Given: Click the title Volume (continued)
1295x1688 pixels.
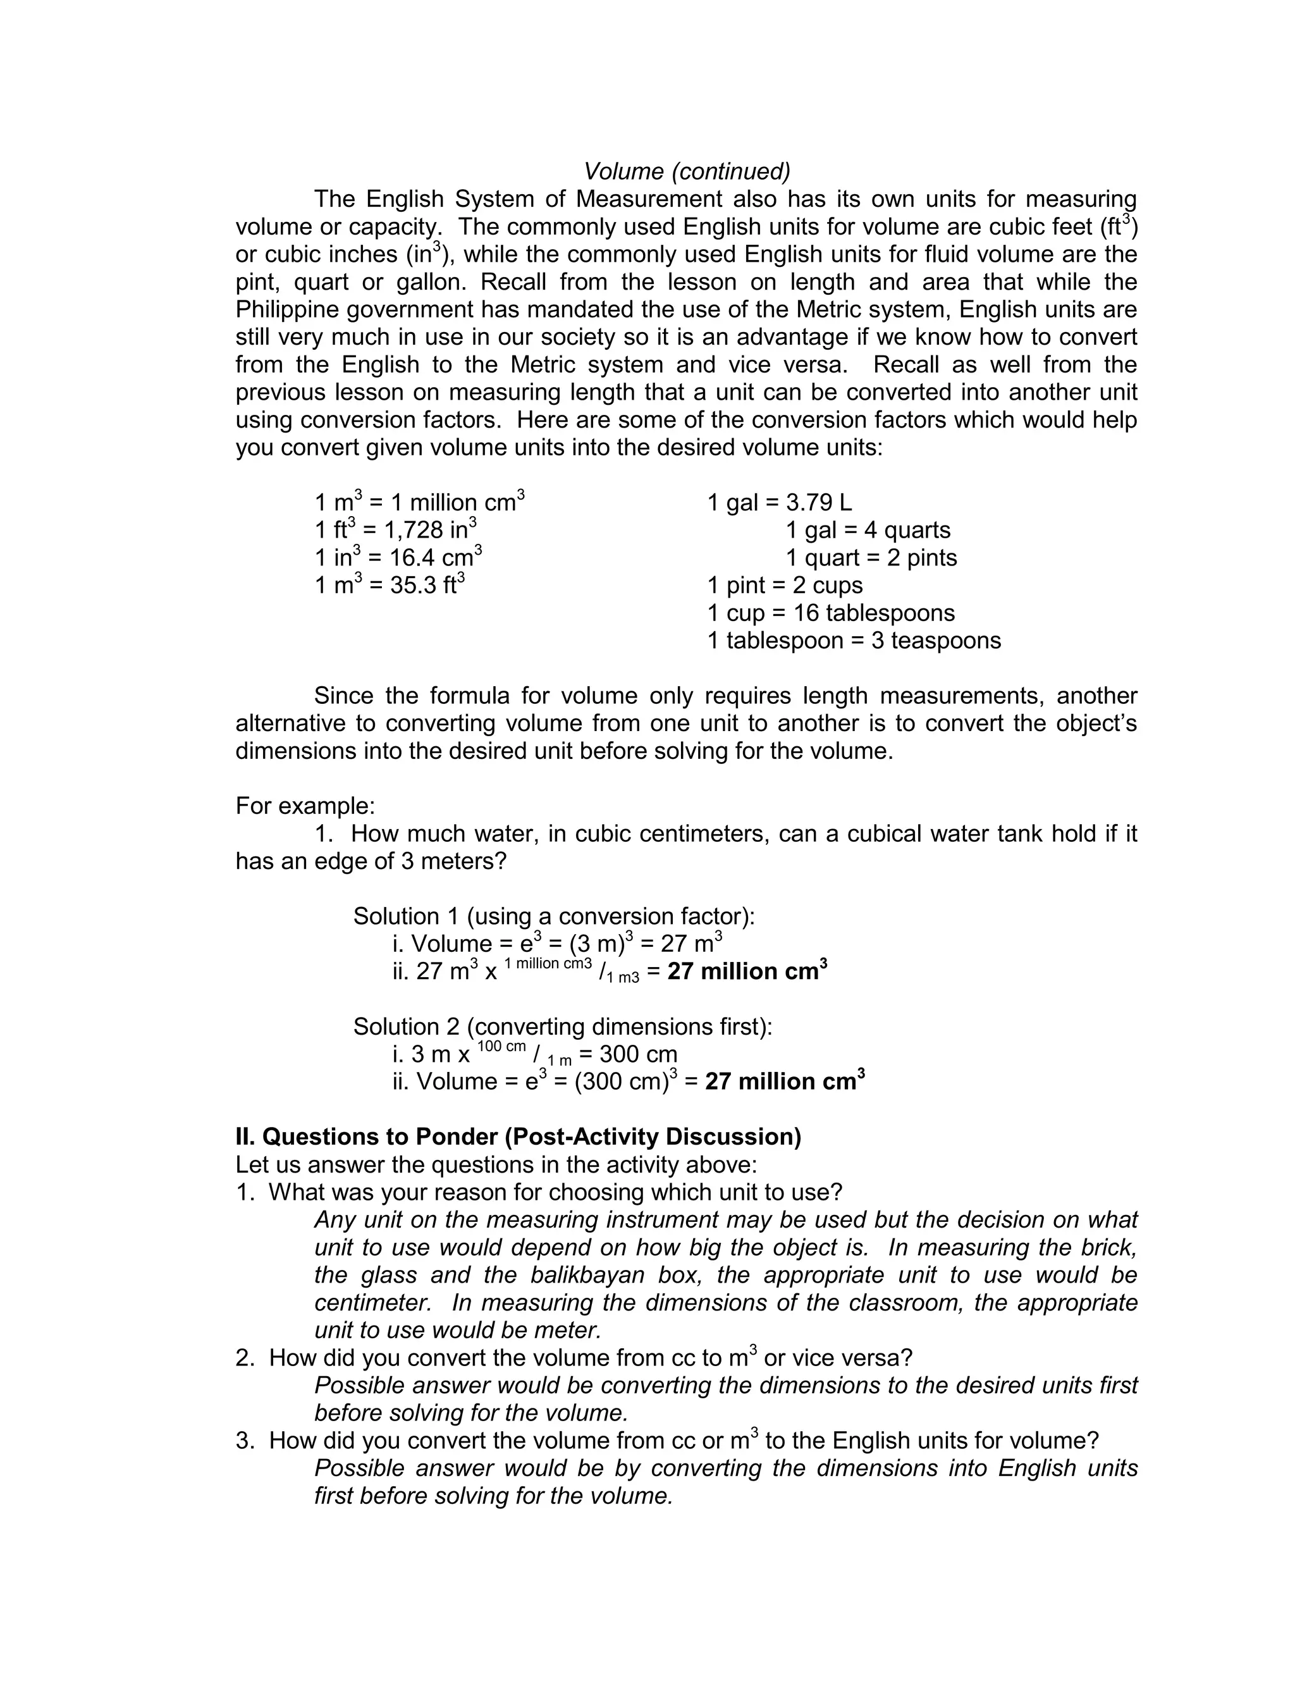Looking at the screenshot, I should coord(687,171).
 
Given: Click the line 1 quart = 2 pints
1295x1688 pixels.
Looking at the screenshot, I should coord(871,558).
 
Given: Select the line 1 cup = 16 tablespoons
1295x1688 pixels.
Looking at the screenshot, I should coord(831,613).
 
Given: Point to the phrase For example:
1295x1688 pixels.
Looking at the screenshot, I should coord(305,806).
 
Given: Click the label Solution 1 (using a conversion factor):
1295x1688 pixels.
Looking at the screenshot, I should coord(553,916).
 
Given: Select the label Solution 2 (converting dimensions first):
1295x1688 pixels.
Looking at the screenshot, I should coord(563,1026).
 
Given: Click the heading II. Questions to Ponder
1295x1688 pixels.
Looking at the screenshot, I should coord(518,1137).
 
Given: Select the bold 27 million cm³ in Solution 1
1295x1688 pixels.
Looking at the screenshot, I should coord(747,971).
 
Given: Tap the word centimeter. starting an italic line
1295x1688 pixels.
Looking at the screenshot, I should coord(376,1303).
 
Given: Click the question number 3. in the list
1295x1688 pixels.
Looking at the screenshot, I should coord(245,1441).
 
